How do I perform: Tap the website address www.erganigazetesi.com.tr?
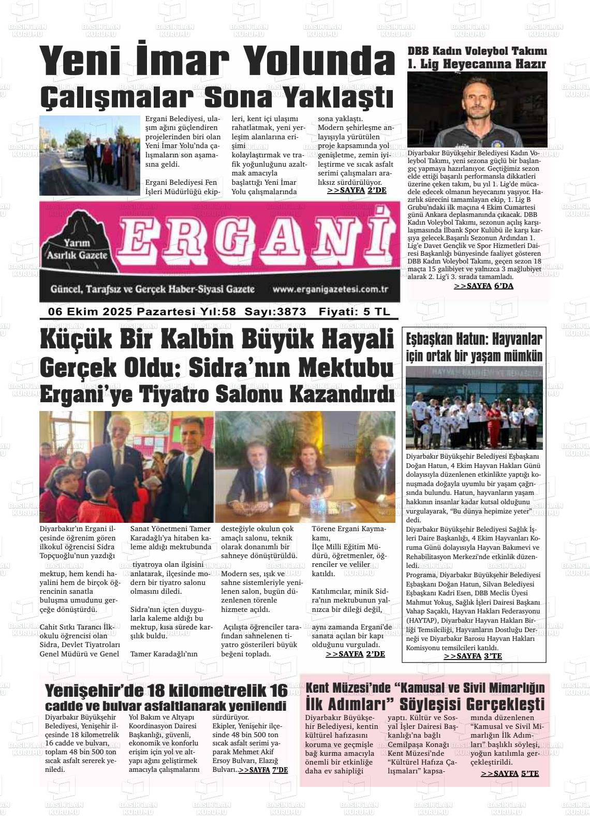[x=330, y=290]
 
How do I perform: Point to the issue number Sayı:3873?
[x=275, y=312]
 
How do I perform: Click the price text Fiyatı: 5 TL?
[x=355, y=312]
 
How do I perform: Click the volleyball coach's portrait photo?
[x=477, y=110]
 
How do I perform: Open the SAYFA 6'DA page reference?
[x=483, y=286]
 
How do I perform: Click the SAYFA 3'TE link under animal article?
[x=473, y=656]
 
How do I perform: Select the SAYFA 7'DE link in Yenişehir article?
[x=263, y=770]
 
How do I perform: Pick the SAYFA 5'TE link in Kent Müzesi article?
[x=510, y=773]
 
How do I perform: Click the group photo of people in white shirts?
[x=474, y=409]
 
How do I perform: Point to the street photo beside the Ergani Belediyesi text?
[x=90, y=155]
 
